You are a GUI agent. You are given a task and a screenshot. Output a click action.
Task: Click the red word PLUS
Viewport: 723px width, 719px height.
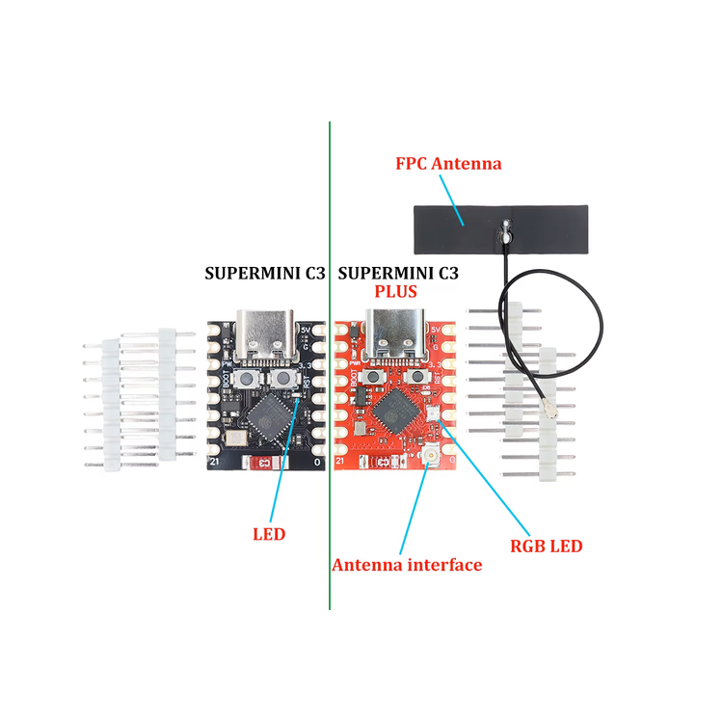tap(395, 291)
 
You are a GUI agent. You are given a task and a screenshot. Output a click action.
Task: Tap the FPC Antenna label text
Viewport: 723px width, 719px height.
tap(448, 163)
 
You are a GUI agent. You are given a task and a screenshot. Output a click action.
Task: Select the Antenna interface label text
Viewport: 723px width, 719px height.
tap(407, 565)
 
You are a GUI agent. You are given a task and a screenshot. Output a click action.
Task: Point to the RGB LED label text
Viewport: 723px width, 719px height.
tap(546, 546)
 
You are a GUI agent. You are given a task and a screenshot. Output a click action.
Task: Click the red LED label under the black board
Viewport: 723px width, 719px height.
tap(269, 533)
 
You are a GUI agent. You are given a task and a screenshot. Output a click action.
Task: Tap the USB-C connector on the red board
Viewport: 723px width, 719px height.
tap(394, 333)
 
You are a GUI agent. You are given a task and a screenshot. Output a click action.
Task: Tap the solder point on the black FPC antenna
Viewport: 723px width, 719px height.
tap(504, 230)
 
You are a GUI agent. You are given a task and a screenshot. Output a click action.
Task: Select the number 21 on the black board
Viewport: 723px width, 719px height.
tap(215, 463)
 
